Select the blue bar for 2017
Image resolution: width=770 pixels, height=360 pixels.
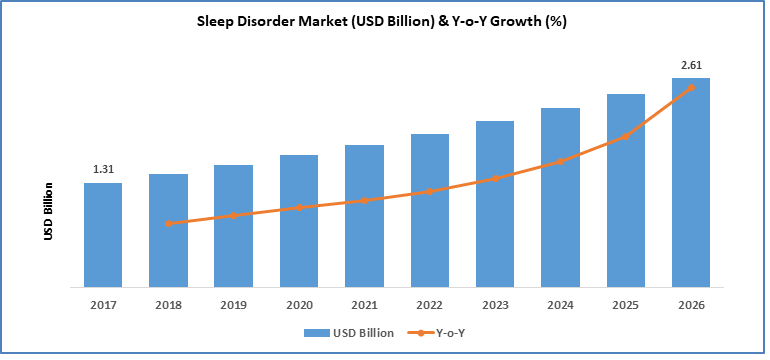(103, 235)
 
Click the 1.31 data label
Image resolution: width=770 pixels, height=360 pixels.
(103, 169)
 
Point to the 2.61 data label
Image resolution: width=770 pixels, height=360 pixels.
(691, 65)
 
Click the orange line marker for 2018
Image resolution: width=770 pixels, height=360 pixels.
(168, 223)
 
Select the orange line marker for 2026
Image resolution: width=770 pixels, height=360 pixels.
(691, 88)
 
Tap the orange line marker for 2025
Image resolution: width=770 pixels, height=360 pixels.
(626, 136)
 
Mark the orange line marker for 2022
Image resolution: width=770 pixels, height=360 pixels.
(430, 191)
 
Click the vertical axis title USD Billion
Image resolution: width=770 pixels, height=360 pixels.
(47, 211)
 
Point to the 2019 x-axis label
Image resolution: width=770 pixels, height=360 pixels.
(233, 305)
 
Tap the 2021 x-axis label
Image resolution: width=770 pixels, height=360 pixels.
(364, 305)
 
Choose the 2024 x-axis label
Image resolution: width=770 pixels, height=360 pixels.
(560, 305)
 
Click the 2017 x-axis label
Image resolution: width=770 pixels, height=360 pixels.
(103, 305)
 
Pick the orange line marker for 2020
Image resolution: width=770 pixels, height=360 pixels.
(299, 208)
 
